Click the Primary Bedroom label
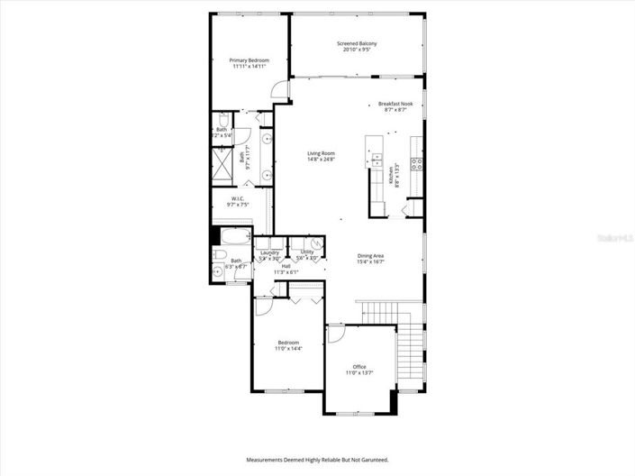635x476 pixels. (249, 59)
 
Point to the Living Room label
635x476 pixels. (321, 153)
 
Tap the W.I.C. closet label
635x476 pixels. (238, 198)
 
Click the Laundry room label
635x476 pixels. (269, 252)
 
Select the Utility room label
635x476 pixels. (307, 252)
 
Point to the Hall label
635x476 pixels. (286, 266)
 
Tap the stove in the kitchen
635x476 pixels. (417, 164)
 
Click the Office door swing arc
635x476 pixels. (334, 334)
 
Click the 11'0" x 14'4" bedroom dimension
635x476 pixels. (288, 348)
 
